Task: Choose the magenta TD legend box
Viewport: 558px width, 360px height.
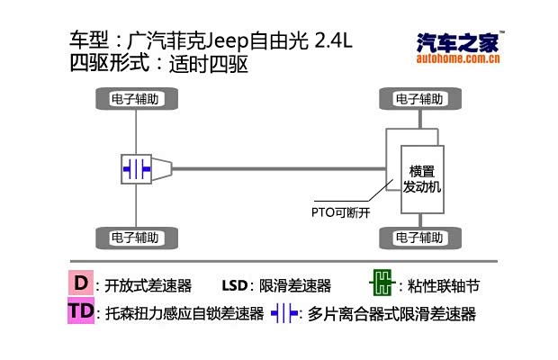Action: pos(81,312)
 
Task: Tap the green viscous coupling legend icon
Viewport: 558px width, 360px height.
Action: pos(382,285)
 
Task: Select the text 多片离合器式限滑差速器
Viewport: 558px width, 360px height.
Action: pos(391,314)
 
